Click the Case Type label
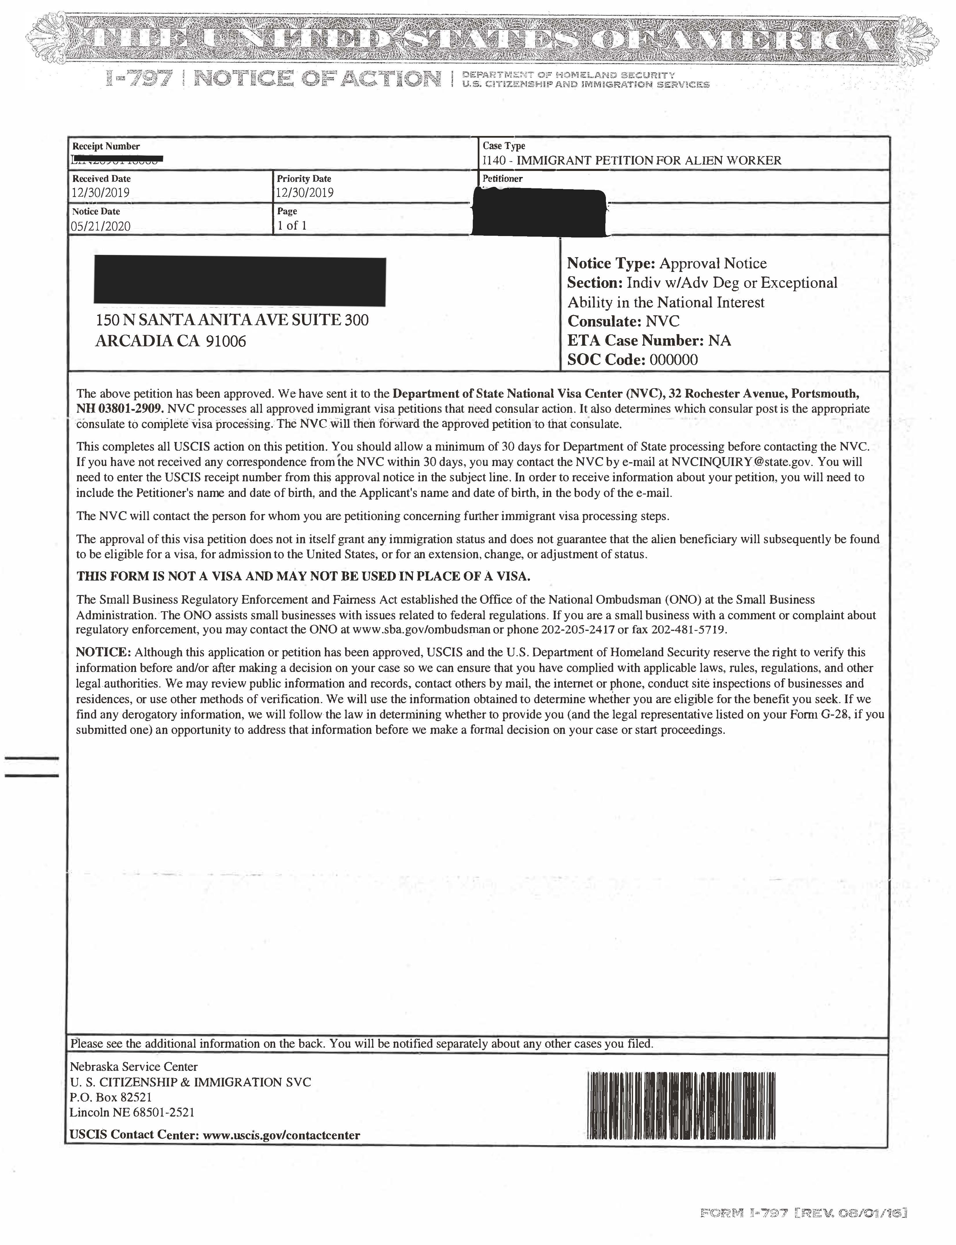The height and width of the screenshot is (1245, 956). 503,146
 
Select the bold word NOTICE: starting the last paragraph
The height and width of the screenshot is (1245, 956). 104,652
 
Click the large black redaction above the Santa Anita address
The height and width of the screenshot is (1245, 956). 240,281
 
